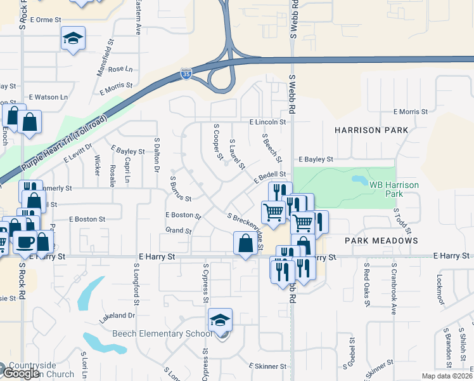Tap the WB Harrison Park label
click(x=394, y=189)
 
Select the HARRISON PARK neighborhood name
click(x=371, y=130)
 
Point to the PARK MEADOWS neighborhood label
click(x=381, y=241)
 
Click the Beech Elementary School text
click(x=162, y=334)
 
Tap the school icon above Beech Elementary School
click(x=220, y=319)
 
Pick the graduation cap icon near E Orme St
click(x=73, y=39)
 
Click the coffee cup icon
click(x=25, y=242)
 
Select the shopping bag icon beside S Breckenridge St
click(x=245, y=243)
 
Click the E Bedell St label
click(x=271, y=177)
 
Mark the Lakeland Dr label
click(x=117, y=315)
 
